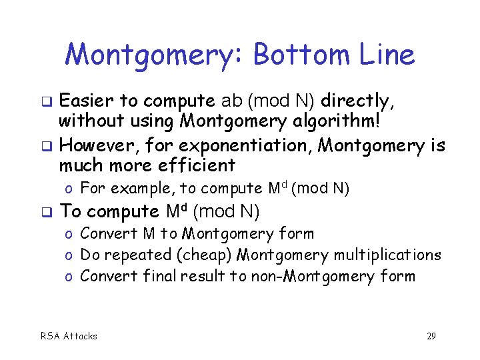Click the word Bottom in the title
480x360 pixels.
coord(300,55)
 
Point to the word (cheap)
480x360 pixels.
coord(200,255)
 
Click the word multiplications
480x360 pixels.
coord(387,255)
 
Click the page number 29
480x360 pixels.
coord(431,336)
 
